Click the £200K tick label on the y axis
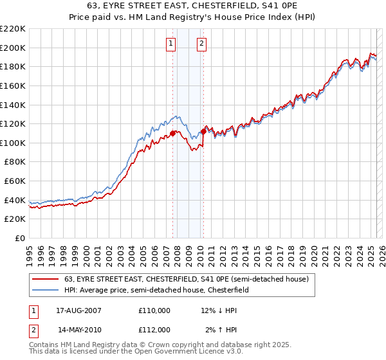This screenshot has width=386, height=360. pos(13,48)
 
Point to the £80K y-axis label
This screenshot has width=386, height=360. pos(15,162)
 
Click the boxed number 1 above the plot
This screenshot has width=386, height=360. pos(171,44)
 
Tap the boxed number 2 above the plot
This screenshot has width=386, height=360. pos(201,44)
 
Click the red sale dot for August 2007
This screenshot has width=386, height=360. pos(173,134)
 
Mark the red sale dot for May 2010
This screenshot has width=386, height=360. pos(204,132)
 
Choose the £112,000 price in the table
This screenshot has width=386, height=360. pos(154,330)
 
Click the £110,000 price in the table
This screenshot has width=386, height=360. pos(154,310)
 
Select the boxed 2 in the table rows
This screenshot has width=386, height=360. pos(33,330)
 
